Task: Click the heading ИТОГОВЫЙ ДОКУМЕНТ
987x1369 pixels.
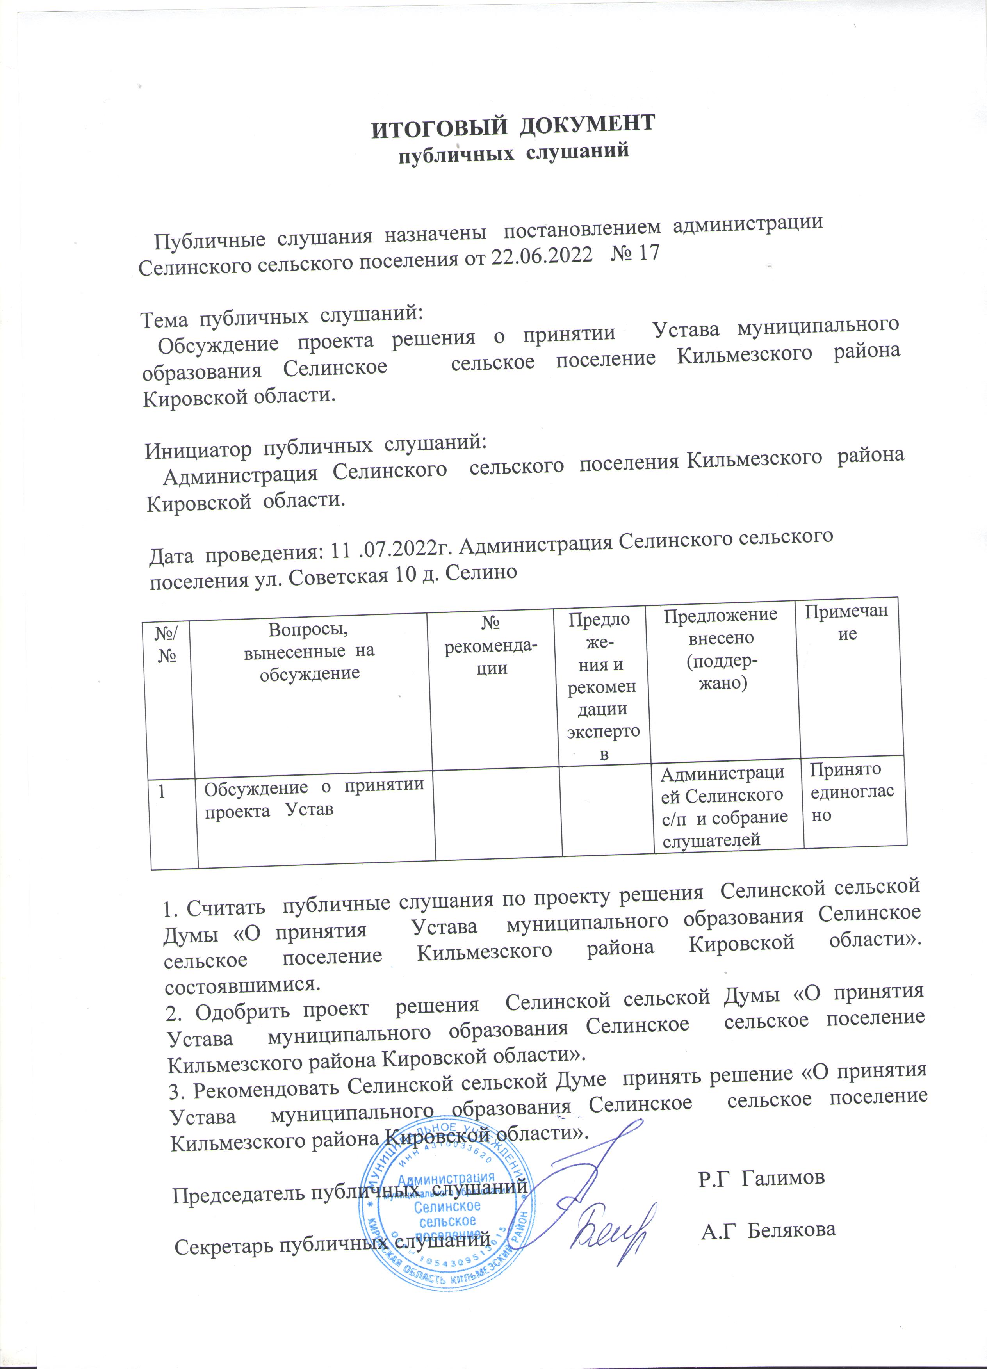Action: (512, 125)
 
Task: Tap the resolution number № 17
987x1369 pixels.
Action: (636, 252)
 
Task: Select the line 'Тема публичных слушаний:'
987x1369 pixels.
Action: (281, 316)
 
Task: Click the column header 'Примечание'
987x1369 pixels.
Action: (848, 622)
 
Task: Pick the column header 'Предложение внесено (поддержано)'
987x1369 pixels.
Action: (720, 649)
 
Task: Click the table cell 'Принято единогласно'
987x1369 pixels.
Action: (851, 792)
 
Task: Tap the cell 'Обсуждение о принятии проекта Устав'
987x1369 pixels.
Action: (314, 798)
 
